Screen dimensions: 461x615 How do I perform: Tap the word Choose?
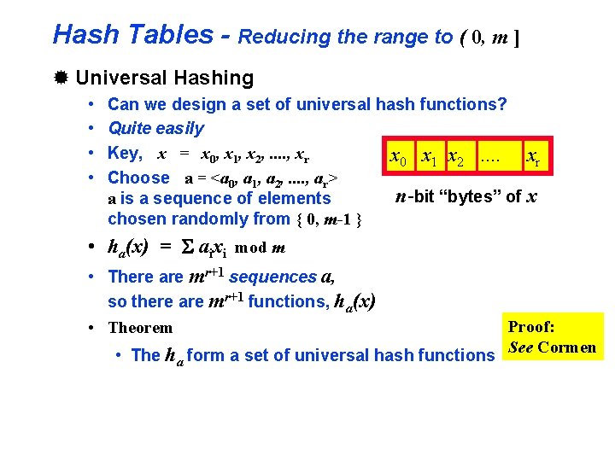pos(139,178)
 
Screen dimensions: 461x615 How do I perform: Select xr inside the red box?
pos(531,157)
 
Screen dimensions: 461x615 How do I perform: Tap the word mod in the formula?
pos(251,248)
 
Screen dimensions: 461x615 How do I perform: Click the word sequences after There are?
pos(272,277)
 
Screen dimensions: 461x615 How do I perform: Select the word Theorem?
pos(140,328)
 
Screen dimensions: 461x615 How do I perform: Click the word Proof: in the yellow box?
pos(531,327)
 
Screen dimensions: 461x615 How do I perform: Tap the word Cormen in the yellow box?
pos(567,347)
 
